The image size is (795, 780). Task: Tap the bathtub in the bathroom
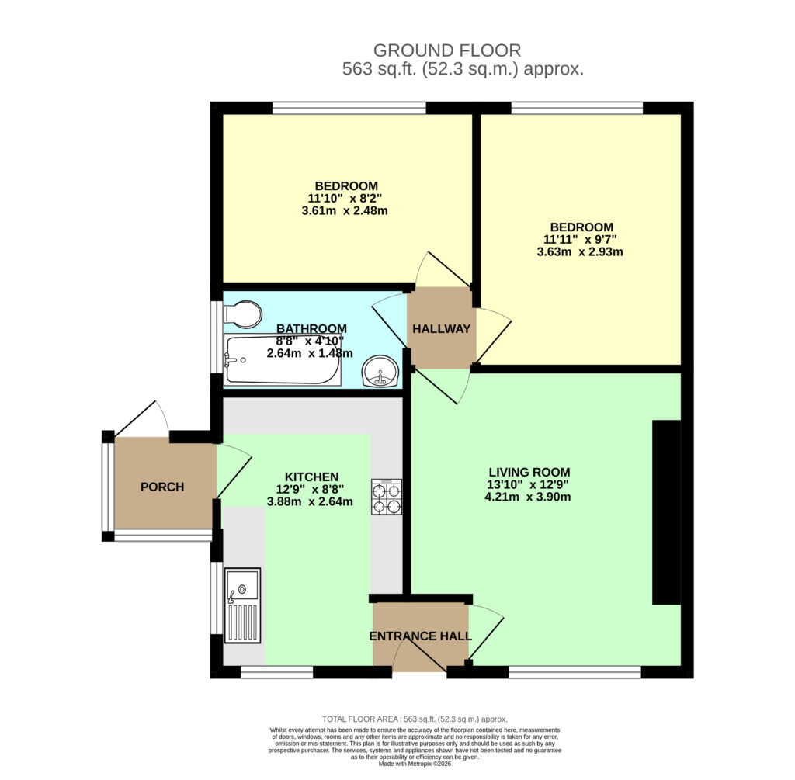pos(283,360)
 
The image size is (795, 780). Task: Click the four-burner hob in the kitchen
pos(387,497)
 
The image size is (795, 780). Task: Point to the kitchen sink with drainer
pos(243,605)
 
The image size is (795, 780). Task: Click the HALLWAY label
pos(441,329)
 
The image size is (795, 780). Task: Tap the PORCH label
pos(162,487)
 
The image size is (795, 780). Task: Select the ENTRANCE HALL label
pos(421,636)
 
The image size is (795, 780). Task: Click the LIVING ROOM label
pos(529,473)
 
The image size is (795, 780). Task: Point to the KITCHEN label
pos(312,477)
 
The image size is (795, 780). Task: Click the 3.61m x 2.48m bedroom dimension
pos(345,211)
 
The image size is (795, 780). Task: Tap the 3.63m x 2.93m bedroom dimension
pos(580,252)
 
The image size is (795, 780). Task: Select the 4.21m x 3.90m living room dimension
pos(528,497)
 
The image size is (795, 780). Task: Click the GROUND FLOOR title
pos(447,50)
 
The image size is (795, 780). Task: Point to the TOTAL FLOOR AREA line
pos(415,719)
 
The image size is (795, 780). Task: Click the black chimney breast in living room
pos(666,512)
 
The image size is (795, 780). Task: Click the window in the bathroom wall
pos(217,337)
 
